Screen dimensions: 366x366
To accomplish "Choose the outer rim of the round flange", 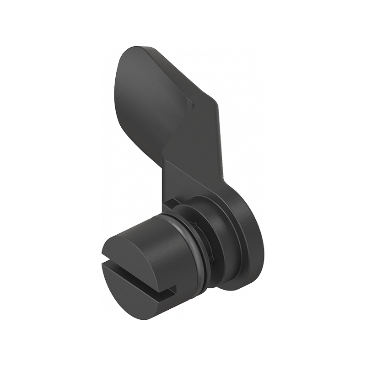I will pyautogui.click(x=254, y=238).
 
